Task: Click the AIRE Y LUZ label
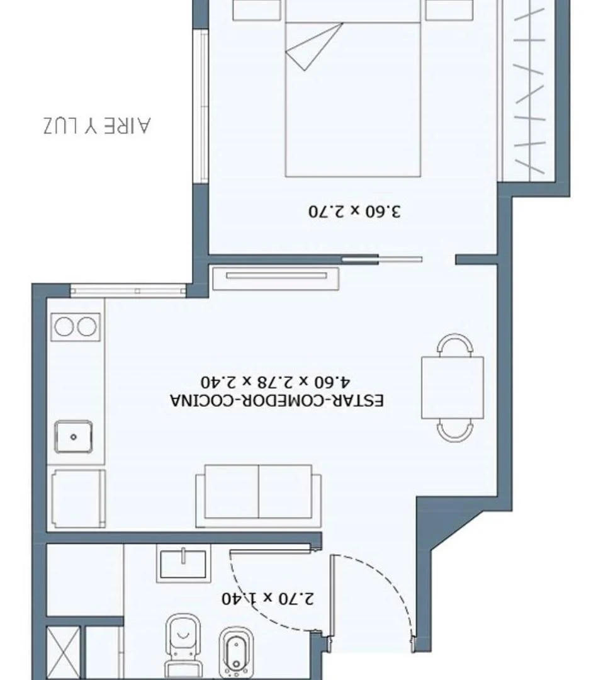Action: [98, 125]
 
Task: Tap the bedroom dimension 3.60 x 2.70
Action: [355, 211]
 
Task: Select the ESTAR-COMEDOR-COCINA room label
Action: [276, 400]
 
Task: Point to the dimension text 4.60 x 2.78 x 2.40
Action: [276, 382]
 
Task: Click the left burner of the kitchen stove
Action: [64, 326]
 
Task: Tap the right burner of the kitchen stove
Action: [88, 326]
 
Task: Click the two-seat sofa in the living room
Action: [258, 496]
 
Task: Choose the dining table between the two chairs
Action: [453, 387]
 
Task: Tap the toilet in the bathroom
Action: [182, 645]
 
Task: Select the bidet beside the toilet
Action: [236, 652]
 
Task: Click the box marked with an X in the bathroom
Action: [65, 652]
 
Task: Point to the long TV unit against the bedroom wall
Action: [276, 278]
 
